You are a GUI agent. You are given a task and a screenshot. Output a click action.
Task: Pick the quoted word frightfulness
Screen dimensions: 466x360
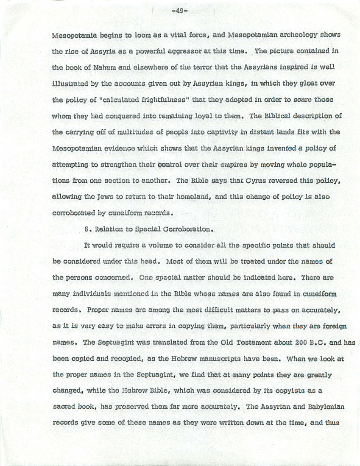[147, 99]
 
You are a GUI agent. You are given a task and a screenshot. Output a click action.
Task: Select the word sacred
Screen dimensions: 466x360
[64, 407]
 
